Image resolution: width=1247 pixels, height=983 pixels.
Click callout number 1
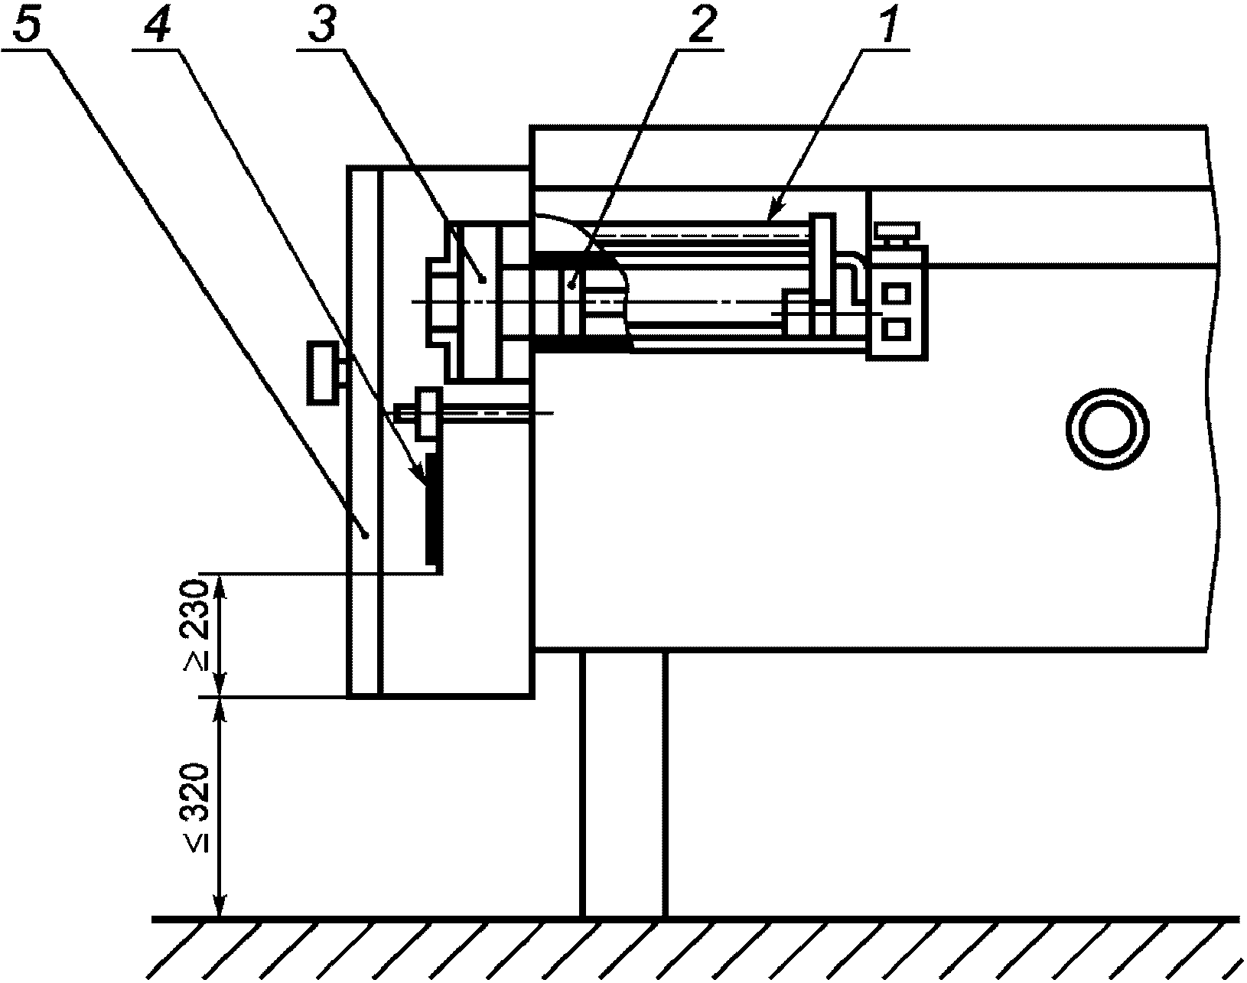885,25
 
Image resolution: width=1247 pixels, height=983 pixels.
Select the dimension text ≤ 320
194,809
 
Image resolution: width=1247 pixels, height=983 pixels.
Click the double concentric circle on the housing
1107,429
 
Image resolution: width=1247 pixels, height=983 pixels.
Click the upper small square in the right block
896,294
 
